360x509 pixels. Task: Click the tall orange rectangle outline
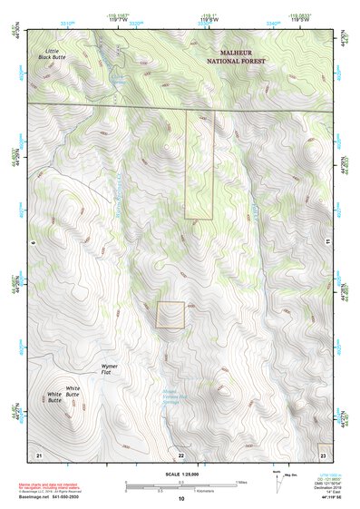click(x=199, y=164)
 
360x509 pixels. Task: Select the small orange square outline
click(x=170, y=315)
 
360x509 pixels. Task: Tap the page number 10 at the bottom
click(x=180, y=498)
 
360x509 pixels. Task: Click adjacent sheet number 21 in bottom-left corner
click(x=39, y=453)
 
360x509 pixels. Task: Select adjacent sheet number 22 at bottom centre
click(x=180, y=453)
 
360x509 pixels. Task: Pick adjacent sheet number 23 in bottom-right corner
click(x=323, y=453)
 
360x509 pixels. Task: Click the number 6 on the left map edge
click(x=30, y=243)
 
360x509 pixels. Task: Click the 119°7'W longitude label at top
click(x=118, y=19)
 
